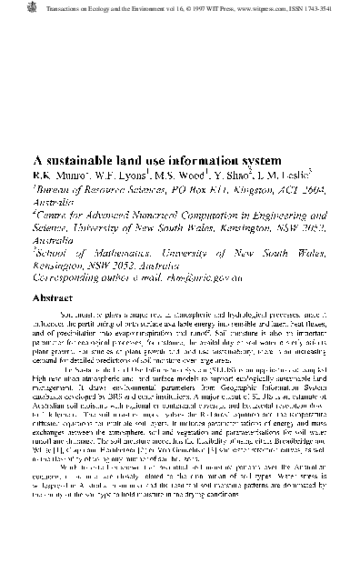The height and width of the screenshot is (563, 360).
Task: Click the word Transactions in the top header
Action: point(45,5)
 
